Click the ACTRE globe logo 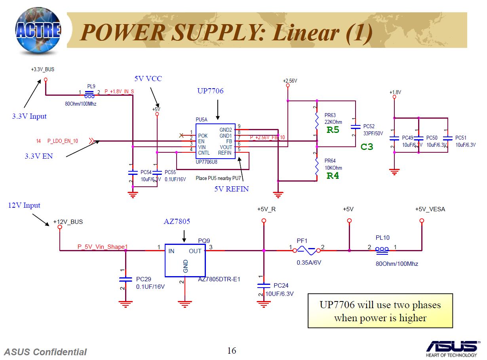(x=38, y=30)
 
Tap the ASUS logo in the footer (x=451, y=347)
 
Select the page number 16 (x=232, y=351)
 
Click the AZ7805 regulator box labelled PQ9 (x=185, y=260)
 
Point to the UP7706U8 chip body (x=215, y=141)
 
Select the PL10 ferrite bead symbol (x=382, y=250)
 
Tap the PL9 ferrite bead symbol (x=89, y=95)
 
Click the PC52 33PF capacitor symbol (x=356, y=127)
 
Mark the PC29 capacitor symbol (x=126, y=279)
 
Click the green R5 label (x=333, y=130)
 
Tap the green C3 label (x=367, y=147)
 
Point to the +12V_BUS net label (x=68, y=222)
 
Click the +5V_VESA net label (x=430, y=209)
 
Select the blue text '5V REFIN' (x=232, y=189)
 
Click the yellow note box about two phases (x=380, y=311)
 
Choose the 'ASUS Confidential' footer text (x=46, y=352)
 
